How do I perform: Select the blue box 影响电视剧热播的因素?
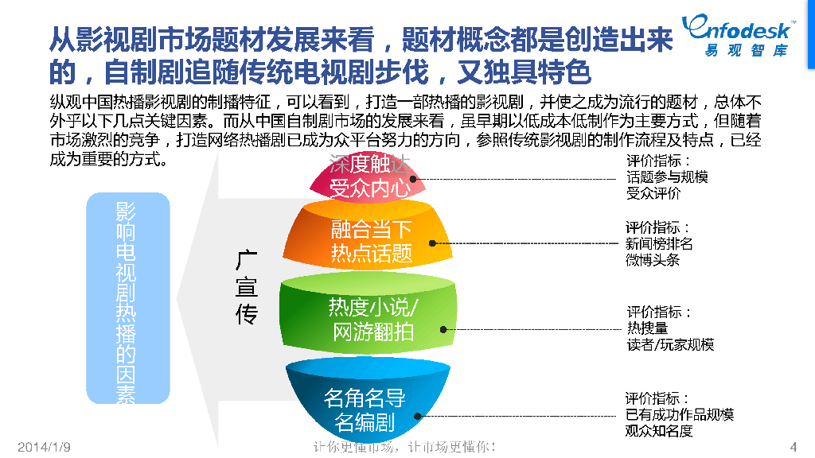(x=127, y=297)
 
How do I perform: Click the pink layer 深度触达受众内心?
(x=369, y=177)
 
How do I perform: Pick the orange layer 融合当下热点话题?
(x=371, y=242)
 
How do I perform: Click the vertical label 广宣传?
(x=247, y=288)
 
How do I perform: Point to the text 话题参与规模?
(x=666, y=177)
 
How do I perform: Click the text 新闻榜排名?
(x=659, y=243)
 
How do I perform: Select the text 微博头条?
(x=653, y=260)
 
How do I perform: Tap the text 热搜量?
(x=647, y=328)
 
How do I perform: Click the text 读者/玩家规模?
(x=670, y=344)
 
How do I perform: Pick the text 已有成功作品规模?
(x=679, y=414)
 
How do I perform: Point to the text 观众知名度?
(x=659, y=431)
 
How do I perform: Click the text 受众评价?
(x=653, y=193)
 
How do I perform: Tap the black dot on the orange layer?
(x=434, y=243)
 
